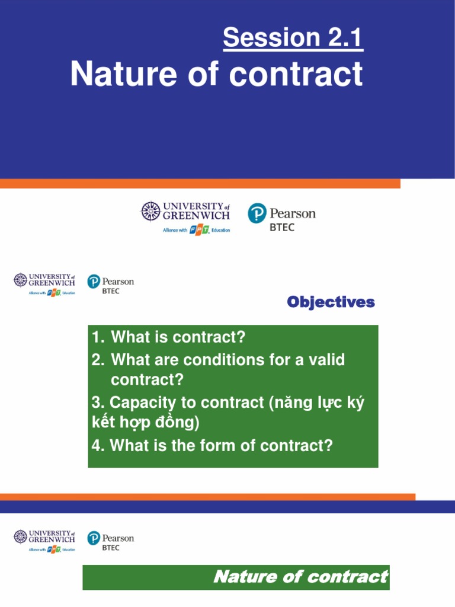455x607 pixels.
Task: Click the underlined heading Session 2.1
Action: point(293,39)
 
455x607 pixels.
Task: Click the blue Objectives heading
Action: point(331,302)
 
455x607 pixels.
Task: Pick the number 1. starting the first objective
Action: point(98,338)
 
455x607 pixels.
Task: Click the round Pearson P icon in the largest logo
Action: point(257,213)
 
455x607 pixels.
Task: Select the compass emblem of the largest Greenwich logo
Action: point(150,212)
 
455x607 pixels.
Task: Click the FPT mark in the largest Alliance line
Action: point(199,230)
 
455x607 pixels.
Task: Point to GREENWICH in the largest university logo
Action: point(196,216)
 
